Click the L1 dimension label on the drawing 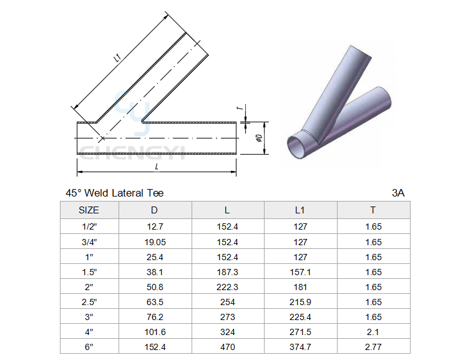coord(117,57)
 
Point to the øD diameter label coord(259,138)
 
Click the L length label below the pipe coord(157,167)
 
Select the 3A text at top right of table coord(398,193)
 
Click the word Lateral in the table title coord(126,193)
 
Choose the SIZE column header coord(89,210)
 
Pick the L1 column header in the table coord(300,210)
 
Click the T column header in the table coord(373,210)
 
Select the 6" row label coord(89,347)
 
